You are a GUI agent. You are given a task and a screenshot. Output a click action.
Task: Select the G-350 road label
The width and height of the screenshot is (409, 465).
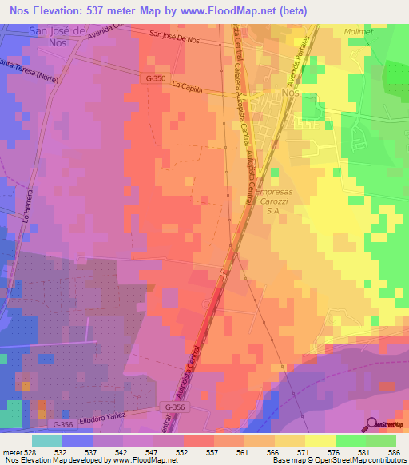point(157,79)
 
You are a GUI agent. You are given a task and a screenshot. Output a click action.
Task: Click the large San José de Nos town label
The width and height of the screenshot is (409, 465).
point(67,36)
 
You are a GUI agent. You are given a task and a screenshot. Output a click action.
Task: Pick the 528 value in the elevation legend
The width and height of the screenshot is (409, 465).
point(32,451)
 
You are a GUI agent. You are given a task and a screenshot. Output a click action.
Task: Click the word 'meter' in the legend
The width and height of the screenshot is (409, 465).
point(12,451)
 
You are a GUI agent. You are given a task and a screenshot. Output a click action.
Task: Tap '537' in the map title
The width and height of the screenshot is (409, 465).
point(108,9)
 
